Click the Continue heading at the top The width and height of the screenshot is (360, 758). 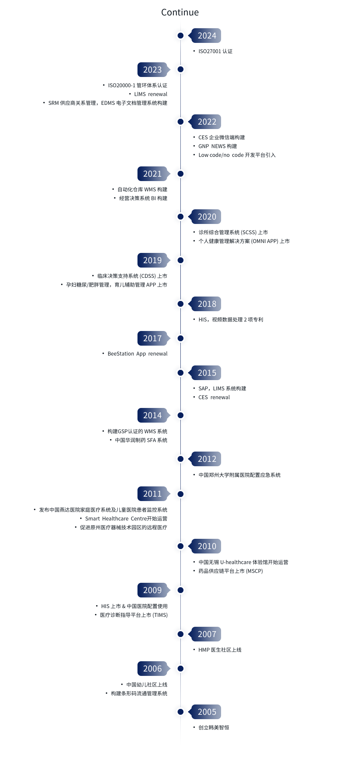pyautogui.click(x=180, y=12)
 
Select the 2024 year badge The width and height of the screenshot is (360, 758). pyautogui.click(x=207, y=36)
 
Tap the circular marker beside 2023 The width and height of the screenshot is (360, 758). pyautogui.click(x=180, y=69)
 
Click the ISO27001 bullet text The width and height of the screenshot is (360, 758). pyautogui.click(x=215, y=51)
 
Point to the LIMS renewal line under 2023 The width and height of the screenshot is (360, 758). pyautogui.click(x=150, y=94)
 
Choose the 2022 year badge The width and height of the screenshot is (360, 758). pyautogui.click(x=207, y=122)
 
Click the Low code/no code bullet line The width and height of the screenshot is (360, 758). pyautogui.click(x=237, y=155)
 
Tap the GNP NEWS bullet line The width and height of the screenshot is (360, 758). pyautogui.click(x=217, y=146)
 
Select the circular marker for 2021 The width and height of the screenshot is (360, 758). pyautogui.click(x=180, y=174)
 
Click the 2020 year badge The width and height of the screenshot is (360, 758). pyautogui.click(x=207, y=217)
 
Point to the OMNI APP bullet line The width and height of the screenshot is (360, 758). pyautogui.click(x=244, y=241)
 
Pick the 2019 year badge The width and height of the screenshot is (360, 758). pyautogui.click(x=153, y=260)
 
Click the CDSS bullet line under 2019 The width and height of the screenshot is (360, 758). pyautogui.click(x=132, y=276)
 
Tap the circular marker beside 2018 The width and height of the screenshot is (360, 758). pyautogui.click(x=180, y=304)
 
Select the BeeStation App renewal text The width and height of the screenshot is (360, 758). pyautogui.click(x=137, y=354)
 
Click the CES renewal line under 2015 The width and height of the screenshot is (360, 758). pyautogui.click(x=214, y=397)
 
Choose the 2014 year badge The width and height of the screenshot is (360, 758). pyautogui.click(x=153, y=415)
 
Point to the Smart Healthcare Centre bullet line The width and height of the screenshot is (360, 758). pyautogui.click(x=126, y=519)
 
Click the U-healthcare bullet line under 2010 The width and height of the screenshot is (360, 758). pyautogui.click(x=243, y=562)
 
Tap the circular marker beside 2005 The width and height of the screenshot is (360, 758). pyautogui.click(x=180, y=712)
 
